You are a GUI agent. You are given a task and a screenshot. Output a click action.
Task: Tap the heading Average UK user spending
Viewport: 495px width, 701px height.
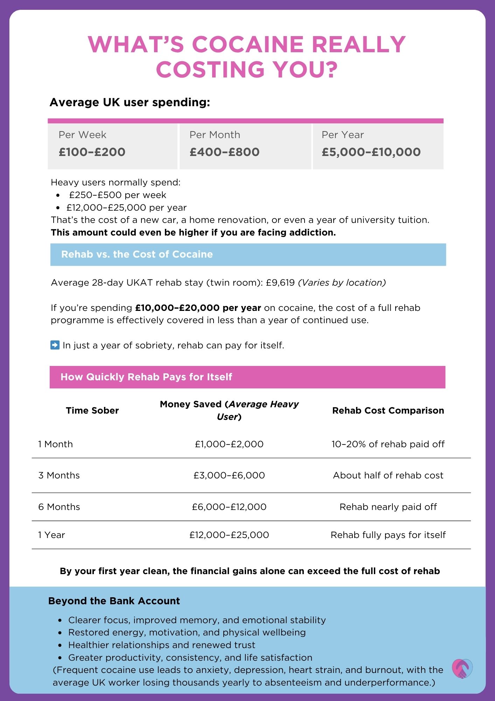(x=130, y=102)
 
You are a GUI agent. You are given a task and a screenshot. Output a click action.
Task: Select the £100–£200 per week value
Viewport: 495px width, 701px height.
(x=92, y=152)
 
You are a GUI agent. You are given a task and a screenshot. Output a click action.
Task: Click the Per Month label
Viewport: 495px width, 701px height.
(x=215, y=135)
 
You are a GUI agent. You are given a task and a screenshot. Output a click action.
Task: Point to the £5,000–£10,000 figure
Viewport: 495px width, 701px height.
(x=371, y=152)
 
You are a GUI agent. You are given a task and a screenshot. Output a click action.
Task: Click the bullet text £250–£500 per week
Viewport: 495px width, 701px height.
(x=118, y=195)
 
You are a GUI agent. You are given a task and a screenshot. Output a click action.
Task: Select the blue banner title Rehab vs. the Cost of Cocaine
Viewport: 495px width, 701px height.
(x=137, y=254)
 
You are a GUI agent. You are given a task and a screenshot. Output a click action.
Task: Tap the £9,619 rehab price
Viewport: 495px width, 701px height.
(x=280, y=283)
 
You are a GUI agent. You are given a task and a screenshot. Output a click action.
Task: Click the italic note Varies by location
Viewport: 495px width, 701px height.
(x=342, y=283)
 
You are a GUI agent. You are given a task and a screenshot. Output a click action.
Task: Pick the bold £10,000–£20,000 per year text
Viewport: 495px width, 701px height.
(x=198, y=308)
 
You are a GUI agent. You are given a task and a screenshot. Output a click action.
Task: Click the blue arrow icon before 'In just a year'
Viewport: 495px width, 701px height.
(x=55, y=345)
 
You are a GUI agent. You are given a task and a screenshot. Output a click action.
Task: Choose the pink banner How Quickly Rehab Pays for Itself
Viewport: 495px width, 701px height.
(x=146, y=377)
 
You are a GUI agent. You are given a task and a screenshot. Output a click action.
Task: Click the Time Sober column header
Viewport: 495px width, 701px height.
(x=92, y=410)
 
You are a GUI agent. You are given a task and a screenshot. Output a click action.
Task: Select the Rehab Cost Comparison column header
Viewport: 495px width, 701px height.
(x=388, y=410)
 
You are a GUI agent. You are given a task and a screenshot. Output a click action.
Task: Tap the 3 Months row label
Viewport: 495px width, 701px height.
(x=59, y=475)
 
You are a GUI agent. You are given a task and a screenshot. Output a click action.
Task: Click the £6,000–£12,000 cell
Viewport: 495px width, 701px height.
(x=229, y=507)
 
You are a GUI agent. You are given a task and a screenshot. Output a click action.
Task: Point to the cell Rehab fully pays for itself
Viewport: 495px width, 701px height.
(x=388, y=535)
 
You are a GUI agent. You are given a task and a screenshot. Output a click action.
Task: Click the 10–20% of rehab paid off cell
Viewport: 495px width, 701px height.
(x=388, y=444)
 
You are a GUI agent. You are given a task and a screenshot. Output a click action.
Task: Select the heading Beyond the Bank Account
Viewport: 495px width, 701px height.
(x=114, y=601)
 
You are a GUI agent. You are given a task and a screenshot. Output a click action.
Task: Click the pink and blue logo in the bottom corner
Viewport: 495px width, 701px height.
(x=462, y=669)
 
